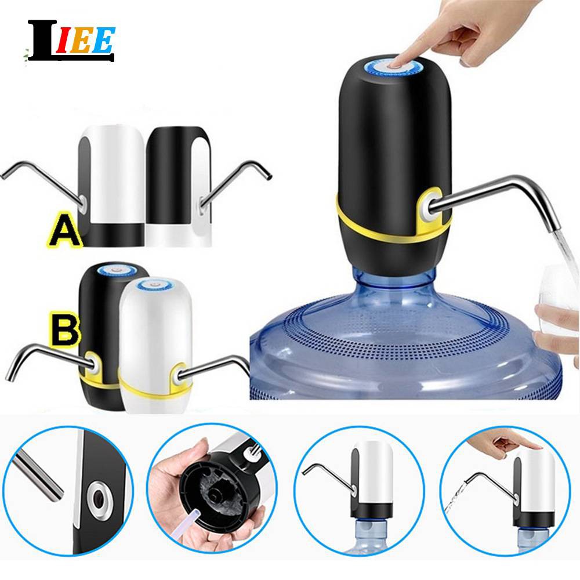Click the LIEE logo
pos(71,41)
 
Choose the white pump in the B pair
pos(155,345)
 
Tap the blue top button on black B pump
pos(118,270)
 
